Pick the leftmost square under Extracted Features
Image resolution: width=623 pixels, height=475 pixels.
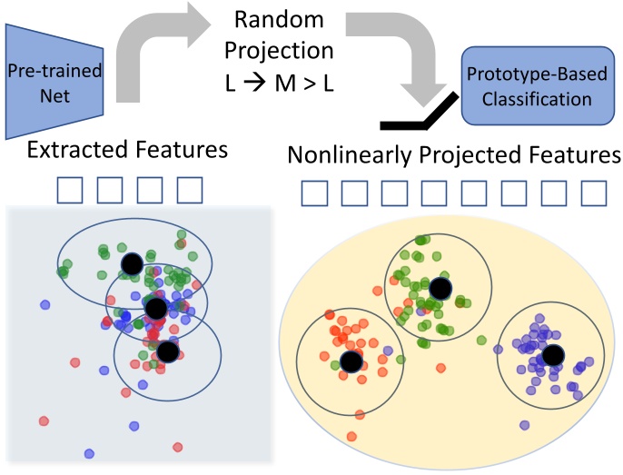(71, 189)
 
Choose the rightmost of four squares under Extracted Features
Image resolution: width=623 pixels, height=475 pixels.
(189, 189)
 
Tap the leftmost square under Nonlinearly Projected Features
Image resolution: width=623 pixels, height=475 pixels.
(313, 193)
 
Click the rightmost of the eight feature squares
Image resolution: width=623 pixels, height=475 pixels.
(593, 193)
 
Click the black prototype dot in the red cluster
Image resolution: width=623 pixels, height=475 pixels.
(351, 361)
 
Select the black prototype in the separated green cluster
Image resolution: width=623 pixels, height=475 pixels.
(440, 289)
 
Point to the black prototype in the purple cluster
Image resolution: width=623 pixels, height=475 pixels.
(553, 354)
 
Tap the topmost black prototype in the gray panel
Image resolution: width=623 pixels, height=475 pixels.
(132, 263)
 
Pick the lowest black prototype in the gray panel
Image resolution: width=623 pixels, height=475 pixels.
(166, 350)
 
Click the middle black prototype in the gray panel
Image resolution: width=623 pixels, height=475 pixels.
(155, 308)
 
